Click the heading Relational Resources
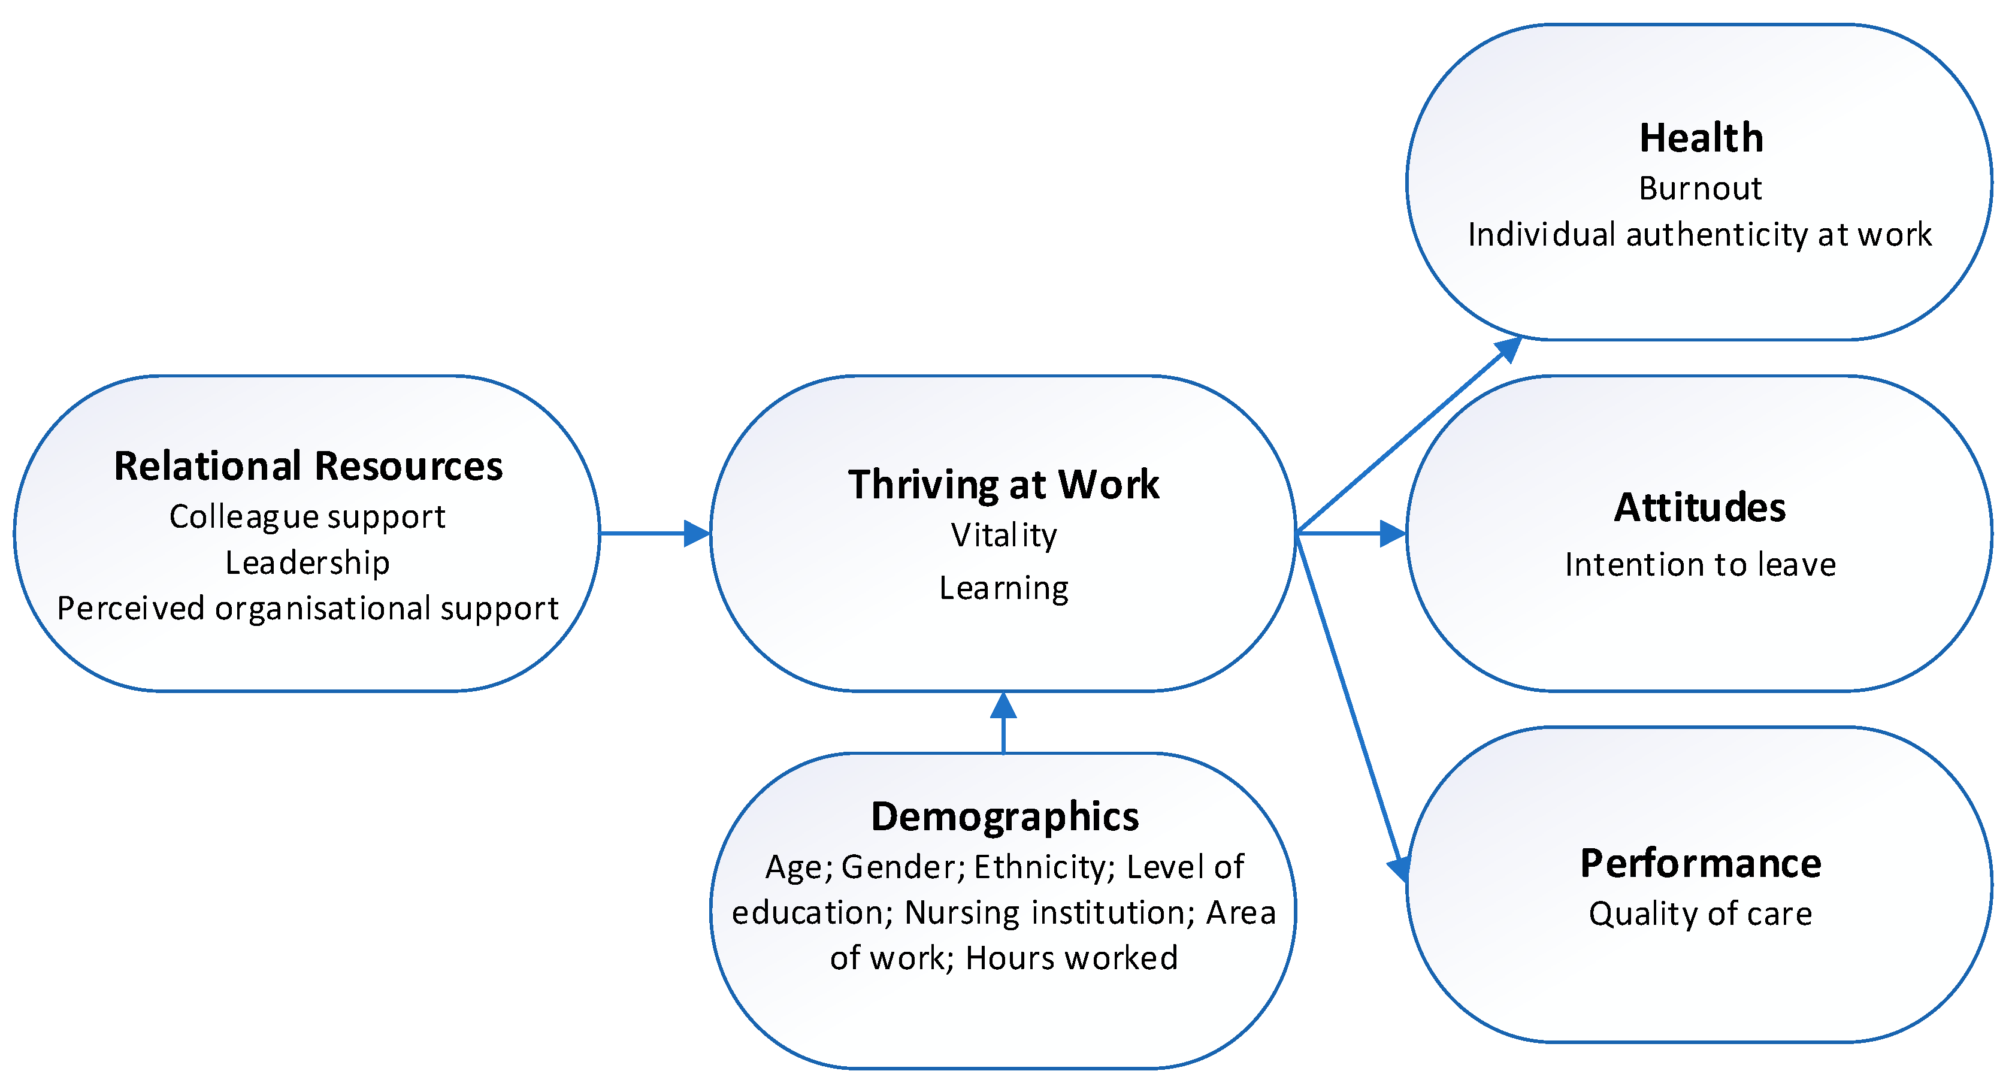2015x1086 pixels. coord(308,466)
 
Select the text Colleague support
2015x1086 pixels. coord(307,517)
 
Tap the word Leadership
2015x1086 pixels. coord(307,562)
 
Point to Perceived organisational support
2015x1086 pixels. coord(307,609)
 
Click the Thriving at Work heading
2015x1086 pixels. coord(1003,485)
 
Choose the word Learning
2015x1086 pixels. coord(1003,588)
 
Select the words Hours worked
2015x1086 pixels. coord(1072,958)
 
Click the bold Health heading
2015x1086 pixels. coord(1701,138)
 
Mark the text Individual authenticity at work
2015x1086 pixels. coord(1700,235)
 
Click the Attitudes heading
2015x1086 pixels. coord(1700,508)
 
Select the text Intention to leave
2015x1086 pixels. coord(1700,565)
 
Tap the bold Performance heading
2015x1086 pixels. coord(1701,864)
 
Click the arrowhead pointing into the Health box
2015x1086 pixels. coord(1509,348)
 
